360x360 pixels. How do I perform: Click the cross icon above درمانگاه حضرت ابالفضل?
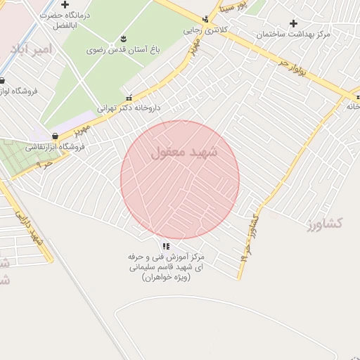pos(65,4)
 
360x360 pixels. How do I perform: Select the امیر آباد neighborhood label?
pos(32,49)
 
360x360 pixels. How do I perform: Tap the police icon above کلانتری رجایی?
pos(205,20)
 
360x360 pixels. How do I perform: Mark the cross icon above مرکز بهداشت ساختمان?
pos(293,23)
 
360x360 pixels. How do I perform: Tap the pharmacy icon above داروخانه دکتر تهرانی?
pos(128,97)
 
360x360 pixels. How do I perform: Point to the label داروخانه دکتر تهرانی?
pos(129,108)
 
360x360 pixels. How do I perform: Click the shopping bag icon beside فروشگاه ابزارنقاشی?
pos(55,136)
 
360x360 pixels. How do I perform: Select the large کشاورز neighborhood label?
pos(325,223)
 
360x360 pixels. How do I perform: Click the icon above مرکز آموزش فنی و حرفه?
pos(166,246)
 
